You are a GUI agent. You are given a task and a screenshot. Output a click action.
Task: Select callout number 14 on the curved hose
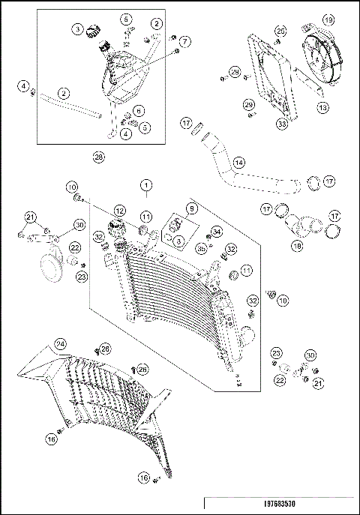coord(239,161)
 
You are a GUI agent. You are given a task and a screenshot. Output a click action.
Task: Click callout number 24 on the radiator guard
coord(61,344)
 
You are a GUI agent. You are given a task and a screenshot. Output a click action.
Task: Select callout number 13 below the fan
coord(323,108)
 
